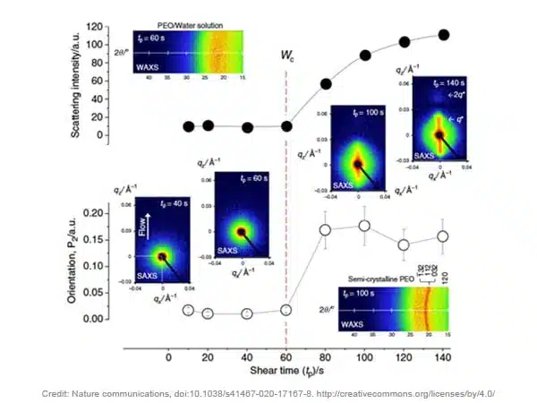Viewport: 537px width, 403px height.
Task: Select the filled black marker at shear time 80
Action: point(326,84)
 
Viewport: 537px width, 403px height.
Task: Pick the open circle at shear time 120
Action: point(404,244)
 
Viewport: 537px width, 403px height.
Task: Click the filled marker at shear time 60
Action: point(286,126)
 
